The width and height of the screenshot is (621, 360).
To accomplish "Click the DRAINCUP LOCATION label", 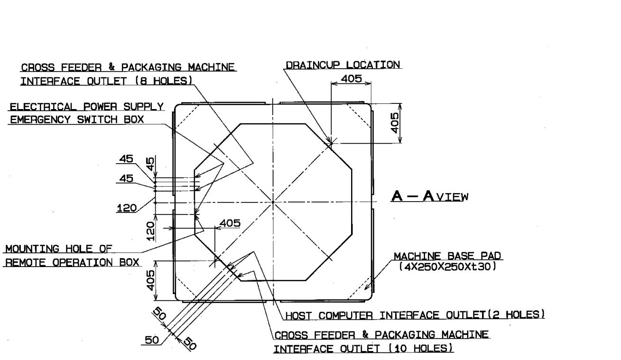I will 343,65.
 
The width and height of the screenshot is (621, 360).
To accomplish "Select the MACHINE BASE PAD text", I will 447,257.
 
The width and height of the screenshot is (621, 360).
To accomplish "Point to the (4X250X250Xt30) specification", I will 447,267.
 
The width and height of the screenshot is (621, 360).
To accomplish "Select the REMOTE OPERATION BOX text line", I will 72,262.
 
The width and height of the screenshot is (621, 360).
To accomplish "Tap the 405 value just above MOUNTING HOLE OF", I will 230,223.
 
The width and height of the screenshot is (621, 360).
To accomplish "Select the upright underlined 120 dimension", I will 127,207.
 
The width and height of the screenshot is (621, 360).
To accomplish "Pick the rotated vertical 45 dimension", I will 150,165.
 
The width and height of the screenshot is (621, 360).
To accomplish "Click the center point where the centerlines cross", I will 273,202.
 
